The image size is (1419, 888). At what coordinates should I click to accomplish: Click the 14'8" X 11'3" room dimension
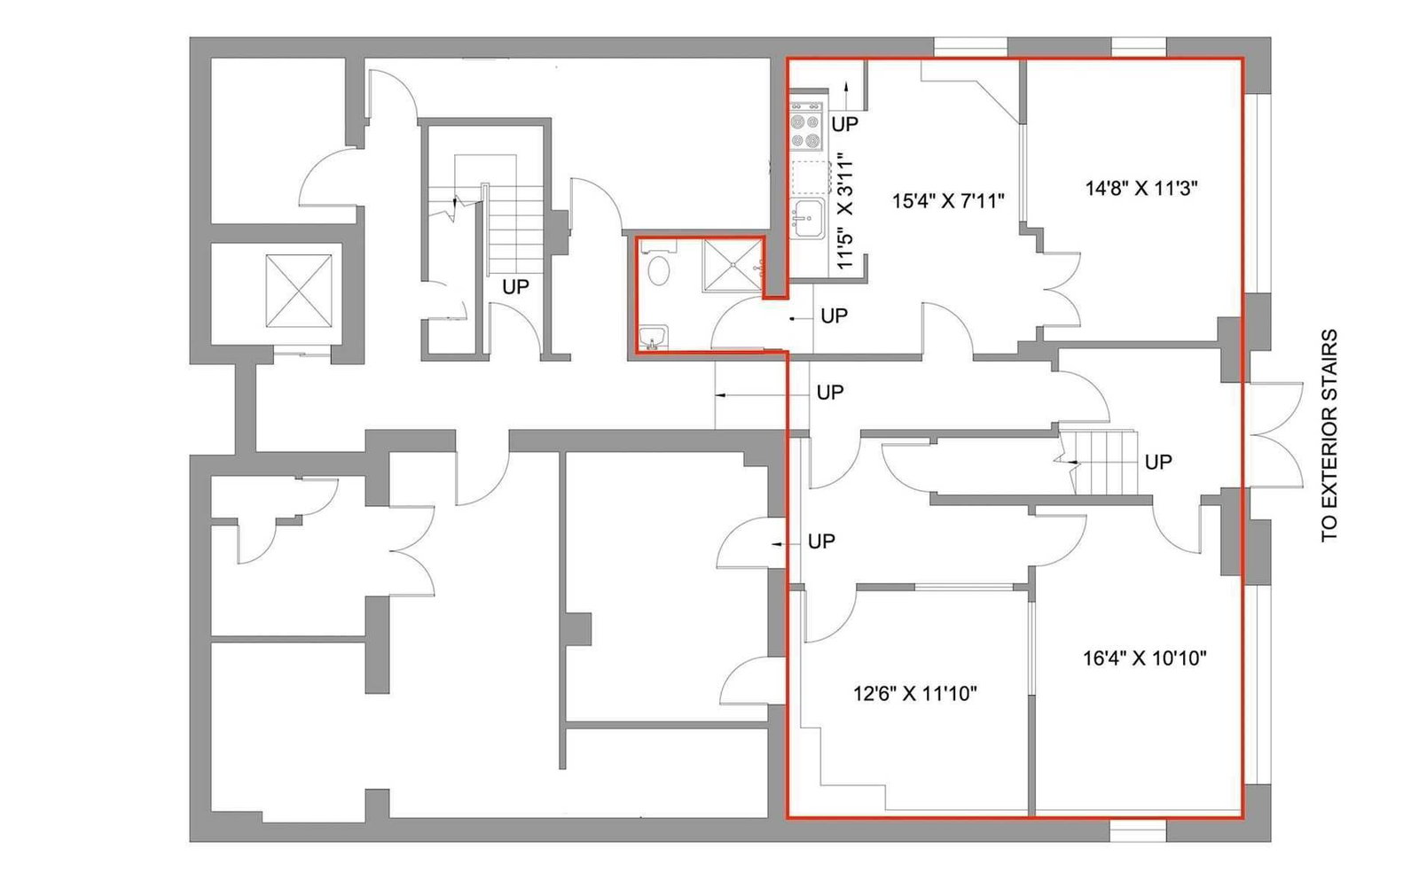pyautogui.click(x=1141, y=189)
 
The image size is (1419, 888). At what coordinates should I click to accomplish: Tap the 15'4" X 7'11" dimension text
pyautogui.click(x=948, y=201)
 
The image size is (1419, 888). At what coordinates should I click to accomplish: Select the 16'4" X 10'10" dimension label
pyautogui.click(x=1145, y=658)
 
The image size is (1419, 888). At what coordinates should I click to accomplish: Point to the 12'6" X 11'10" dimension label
pyautogui.click(x=914, y=694)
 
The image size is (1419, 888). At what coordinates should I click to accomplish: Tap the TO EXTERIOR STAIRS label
pyautogui.click(x=1329, y=435)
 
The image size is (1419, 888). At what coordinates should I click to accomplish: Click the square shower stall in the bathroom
pyautogui.click(x=733, y=265)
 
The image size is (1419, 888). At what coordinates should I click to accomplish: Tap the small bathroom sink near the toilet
pyautogui.click(x=653, y=338)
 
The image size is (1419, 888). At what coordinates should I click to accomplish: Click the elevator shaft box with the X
pyautogui.click(x=298, y=291)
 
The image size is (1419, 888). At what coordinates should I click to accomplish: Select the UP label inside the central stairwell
pyautogui.click(x=515, y=287)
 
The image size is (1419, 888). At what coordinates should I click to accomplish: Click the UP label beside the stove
pyautogui.click(x=845, y=124)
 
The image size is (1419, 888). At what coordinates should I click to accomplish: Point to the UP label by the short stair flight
pyautogui.click(x=1158, y=462)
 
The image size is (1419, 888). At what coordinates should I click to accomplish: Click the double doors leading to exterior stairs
pyautogui.click(x=1275, y=435)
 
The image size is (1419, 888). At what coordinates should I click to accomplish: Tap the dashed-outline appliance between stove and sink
pyautogui.click(x=811, y=177)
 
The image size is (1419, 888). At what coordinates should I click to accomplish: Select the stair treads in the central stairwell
pyautogui.click(x=514, y=230)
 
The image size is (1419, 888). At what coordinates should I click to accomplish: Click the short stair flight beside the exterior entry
pyautogui.click(x=1099, y=463)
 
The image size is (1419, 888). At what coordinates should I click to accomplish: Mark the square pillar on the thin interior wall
pyautogui.click(x=577, y=629)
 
